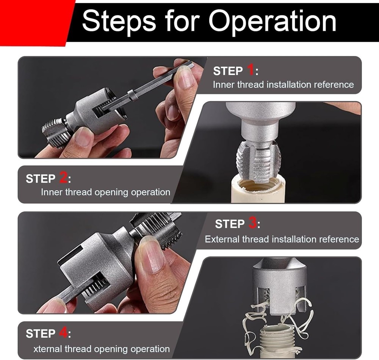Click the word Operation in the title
coord(272,22)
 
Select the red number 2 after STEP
coord(63,178)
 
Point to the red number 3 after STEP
coord(253,224)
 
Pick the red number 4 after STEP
coord(63,333)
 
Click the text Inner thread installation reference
coord(283,85)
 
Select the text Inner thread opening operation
coord(105,192)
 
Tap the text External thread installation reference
coord(282,239)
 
